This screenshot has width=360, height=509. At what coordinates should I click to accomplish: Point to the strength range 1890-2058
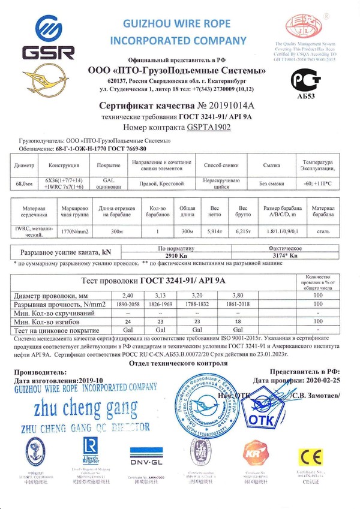tap(131, 305)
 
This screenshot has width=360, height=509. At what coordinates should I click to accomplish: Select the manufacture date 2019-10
tap(91, 380)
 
